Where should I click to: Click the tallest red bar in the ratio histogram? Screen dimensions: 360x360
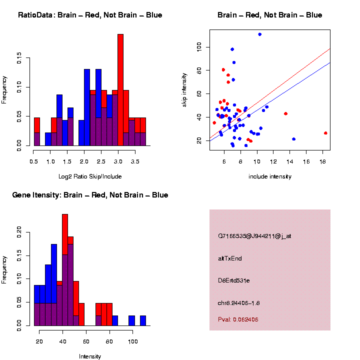coord(120,90)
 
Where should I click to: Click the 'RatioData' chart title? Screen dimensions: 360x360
coord(90,15)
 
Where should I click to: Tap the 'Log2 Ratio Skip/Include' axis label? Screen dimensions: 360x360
coord(90,176)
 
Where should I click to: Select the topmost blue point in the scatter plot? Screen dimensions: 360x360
coord(259,34)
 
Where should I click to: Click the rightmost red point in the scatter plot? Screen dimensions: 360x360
coord(325,133)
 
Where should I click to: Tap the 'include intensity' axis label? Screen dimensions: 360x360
coord(270,176)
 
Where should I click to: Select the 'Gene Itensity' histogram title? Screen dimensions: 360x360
coord(90,195)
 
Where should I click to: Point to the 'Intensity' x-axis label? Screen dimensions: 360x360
coord(90,356)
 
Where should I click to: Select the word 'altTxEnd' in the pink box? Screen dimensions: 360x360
coord(230,258)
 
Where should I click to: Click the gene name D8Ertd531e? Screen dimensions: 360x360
coord(234,280)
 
